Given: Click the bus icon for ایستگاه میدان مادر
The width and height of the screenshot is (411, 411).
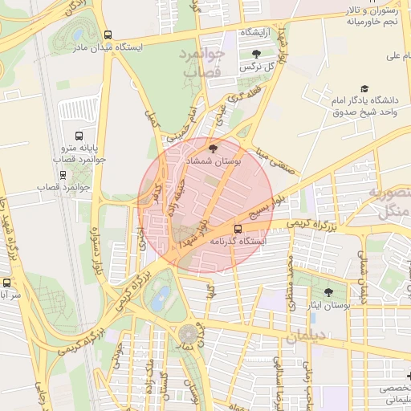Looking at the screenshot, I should pyautogui.click(x=108, y=35).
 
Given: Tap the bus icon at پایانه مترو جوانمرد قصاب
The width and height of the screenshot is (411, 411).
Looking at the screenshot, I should pyautogui.click(x=79, y=136).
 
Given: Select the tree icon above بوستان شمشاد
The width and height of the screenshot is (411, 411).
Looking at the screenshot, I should pyautogui.click(x=213, y=149).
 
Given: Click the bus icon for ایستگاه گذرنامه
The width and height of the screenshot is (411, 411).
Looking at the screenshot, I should pyautogui.click(x=236, y=228).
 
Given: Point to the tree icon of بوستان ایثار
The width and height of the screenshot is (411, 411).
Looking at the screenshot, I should pyautogui.click(x=329, y=291).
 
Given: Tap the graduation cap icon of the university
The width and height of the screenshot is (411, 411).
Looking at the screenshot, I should pyautogui.click(x=365, y=88).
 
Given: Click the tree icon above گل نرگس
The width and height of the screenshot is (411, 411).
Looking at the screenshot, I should pyautogui.click(x=256, y=54).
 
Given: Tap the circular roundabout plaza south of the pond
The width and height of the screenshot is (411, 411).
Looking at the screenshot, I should pyautogui.click(x=189, y=332).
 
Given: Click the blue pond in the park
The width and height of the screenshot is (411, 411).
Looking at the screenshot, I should pyautogui.click(x=161, y=298).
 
